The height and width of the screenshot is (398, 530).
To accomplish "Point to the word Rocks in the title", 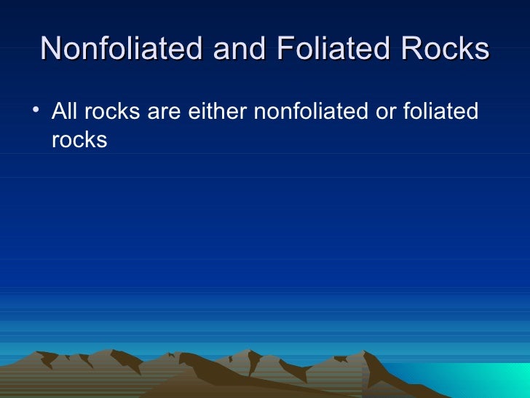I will [x=446, y=49].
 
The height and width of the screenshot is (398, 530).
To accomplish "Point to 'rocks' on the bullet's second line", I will [x=79, y=140].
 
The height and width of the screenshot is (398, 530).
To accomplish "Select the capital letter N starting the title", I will [x=52, y=49].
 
